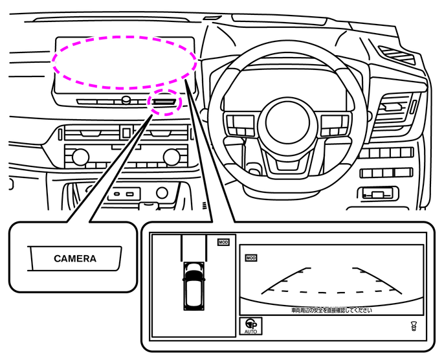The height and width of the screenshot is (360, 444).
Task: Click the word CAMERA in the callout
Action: coord(75,259)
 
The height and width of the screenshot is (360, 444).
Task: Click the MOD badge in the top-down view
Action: coord(223,242)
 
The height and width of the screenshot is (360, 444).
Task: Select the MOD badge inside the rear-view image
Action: coord(251,258)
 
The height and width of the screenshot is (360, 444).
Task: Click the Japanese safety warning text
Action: coord(331,310)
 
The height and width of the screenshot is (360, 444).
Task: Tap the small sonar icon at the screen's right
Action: coord(413,326)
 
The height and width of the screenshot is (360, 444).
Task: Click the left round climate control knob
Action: coord(80,157)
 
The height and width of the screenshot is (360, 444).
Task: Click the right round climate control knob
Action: coord(172,157)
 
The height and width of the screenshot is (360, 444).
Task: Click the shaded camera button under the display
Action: coord(163,101)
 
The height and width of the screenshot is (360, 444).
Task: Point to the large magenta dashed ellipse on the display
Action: coord(124,62)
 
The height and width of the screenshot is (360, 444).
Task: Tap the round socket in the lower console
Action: coord(162,192)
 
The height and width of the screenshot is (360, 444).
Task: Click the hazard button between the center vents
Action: coord(126,133)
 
